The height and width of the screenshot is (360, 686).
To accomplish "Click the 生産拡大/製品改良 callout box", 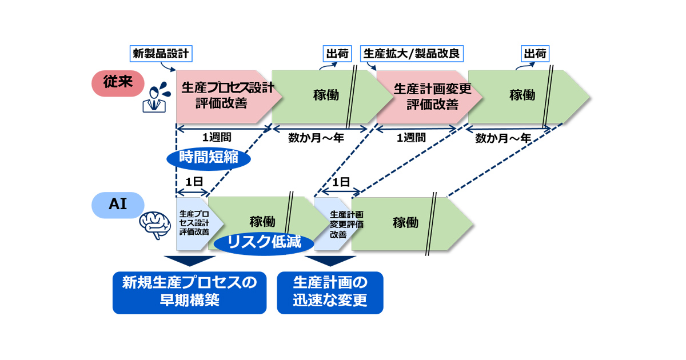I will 412,54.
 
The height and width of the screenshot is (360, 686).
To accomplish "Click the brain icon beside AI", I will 155,224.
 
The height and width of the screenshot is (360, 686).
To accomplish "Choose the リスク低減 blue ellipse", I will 264,241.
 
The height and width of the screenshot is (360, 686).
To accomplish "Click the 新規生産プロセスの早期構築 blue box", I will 189,292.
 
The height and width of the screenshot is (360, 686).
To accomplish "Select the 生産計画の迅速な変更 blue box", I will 330,292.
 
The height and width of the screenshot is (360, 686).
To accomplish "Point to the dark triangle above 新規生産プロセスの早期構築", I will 189,261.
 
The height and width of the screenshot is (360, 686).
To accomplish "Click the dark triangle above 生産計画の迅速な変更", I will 330,261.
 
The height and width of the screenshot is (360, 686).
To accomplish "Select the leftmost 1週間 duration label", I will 217,137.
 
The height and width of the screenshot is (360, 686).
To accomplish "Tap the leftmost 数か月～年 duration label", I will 316,137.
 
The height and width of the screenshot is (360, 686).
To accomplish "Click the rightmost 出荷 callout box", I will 535,54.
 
